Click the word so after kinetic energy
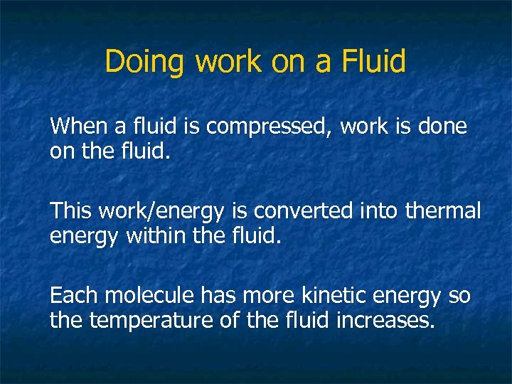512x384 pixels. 459,296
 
